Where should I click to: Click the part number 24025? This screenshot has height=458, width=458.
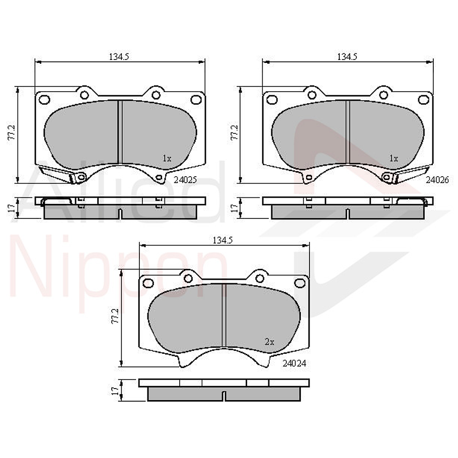click(x=185, y=179)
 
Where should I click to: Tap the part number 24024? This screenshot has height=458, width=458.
click(x=294, y=363)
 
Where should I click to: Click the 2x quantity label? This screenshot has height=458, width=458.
click(x=269, y=341)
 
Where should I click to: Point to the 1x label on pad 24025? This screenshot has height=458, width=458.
click(x=167, y=158)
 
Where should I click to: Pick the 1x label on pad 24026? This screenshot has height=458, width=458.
click(x=394, y=158)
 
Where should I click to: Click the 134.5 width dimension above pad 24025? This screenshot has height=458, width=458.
click(x=119, y=57)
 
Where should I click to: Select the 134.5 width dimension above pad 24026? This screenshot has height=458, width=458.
click(x=347, y=57)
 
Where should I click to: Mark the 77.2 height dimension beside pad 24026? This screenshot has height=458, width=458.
click(x=234, y=133)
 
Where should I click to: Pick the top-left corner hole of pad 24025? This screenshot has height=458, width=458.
click(x=44, y=99)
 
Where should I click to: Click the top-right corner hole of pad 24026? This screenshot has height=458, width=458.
click(x=423, y=99)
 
